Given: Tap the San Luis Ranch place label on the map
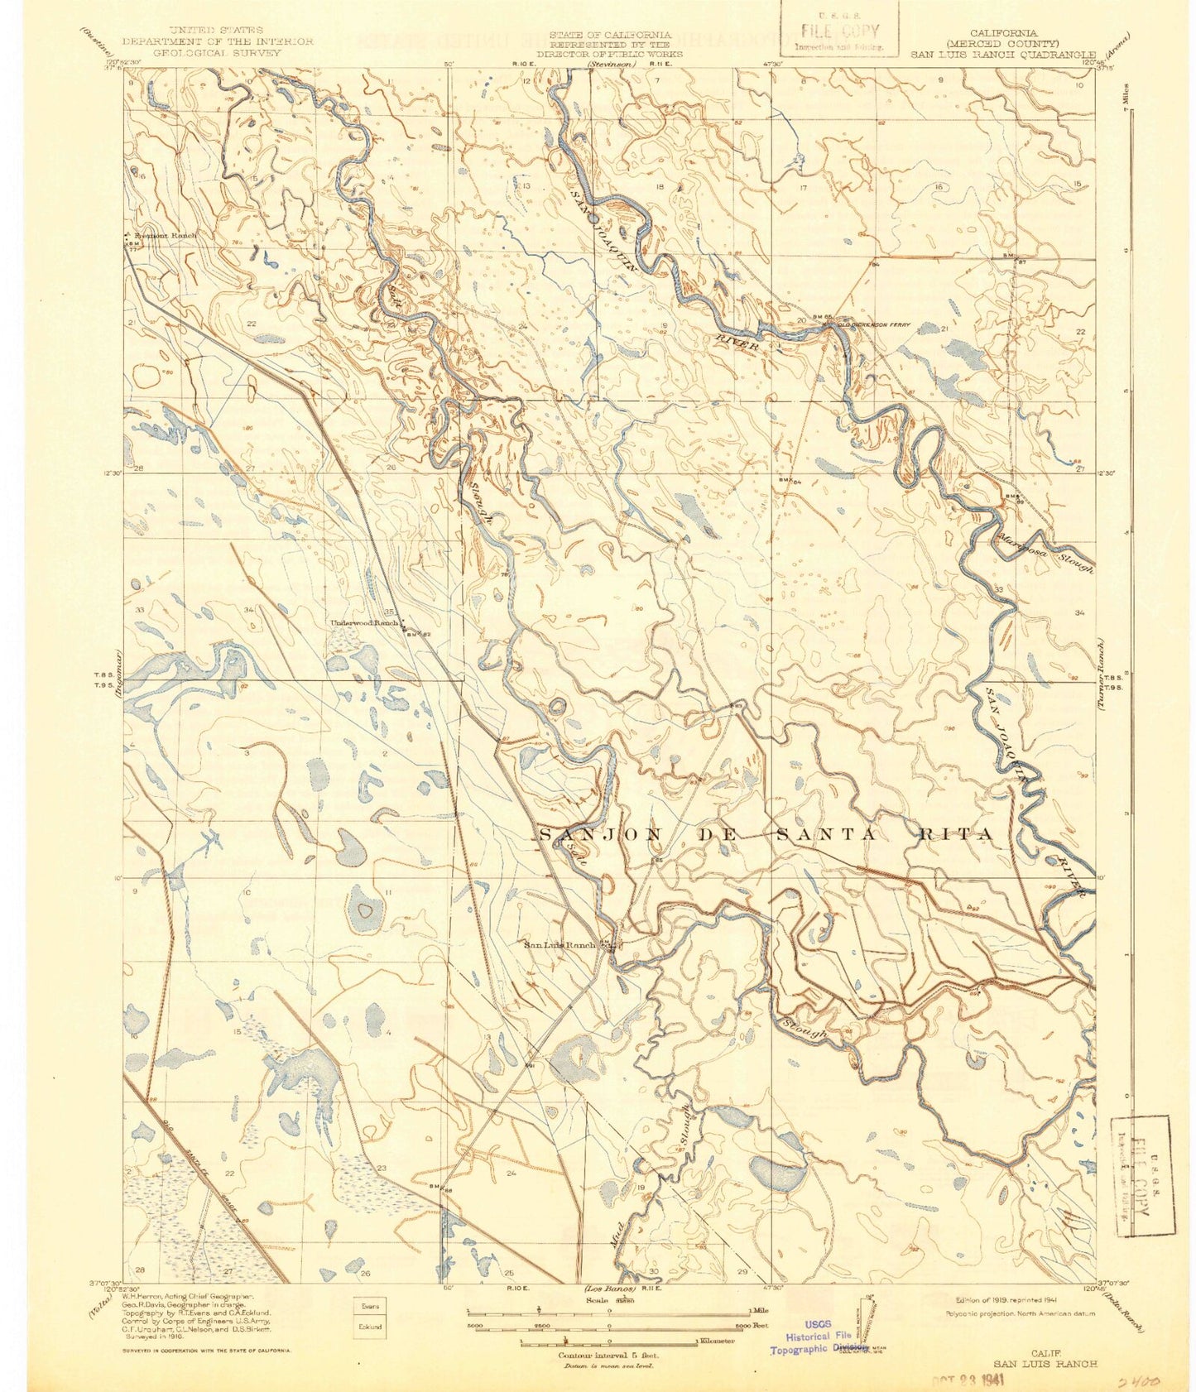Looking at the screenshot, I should [560, 944].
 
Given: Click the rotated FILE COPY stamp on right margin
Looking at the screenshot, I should [1142, 1175].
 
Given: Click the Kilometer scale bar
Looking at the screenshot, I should [608, 1341].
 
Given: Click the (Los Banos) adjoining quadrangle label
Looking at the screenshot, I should [610, 1289].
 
